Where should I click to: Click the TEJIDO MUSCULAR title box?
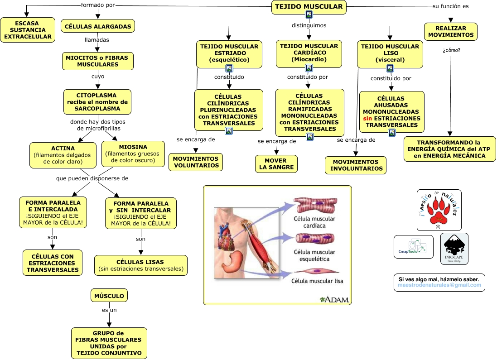309,7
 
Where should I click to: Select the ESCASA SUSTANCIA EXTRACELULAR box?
27,30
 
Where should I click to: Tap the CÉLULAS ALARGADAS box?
98,26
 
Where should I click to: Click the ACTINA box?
63,155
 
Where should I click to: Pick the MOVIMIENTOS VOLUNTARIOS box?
196,162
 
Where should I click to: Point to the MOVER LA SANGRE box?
276,163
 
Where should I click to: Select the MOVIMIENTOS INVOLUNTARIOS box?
356,165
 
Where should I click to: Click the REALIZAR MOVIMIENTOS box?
450,32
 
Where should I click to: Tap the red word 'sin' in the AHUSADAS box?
367,118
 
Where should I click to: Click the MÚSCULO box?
109,296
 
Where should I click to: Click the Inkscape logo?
454,249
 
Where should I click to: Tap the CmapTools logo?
413,247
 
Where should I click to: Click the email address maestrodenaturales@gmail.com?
439,285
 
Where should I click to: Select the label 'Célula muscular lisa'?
317,281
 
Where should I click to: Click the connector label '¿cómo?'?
451,50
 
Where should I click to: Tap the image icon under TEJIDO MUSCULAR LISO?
390,68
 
